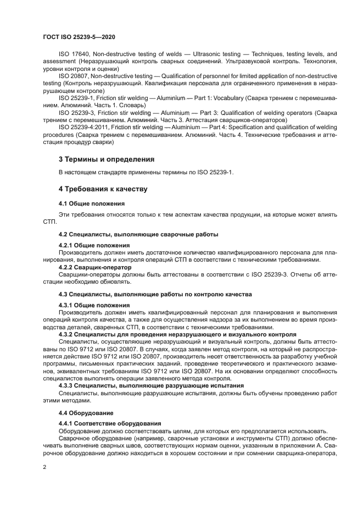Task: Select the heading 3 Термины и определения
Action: point(106,159)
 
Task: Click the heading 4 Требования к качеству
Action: point(103,189)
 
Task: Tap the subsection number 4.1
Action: point(64,203)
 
